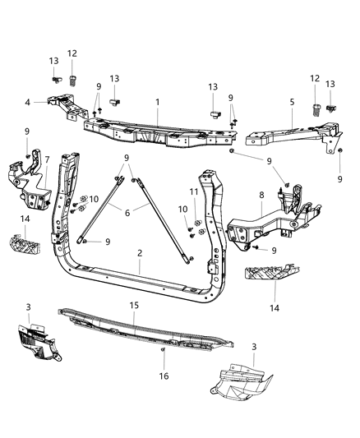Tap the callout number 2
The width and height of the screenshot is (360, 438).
140,254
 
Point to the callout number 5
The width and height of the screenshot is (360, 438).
291,103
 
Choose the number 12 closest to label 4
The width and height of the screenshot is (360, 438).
72,53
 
